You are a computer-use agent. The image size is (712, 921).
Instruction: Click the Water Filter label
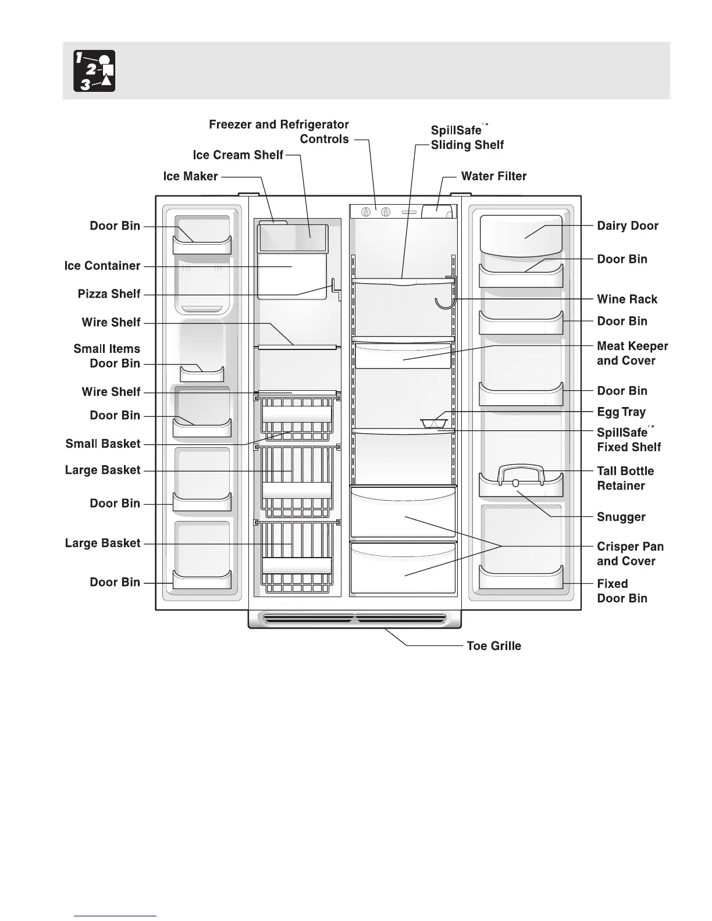[493, 176]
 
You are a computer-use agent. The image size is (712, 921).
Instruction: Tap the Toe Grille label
[494, 646]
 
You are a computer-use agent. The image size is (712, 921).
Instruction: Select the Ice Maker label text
[190, 176]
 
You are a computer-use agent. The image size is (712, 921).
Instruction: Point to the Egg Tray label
[621, 412]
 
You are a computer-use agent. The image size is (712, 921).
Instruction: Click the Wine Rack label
[627, 299]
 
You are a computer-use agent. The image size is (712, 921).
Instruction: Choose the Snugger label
[621, 517]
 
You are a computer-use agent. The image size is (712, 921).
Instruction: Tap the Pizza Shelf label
[109, 294]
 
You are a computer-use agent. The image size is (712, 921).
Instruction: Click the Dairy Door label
[628, 226]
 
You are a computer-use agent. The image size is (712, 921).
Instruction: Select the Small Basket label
[103, 444]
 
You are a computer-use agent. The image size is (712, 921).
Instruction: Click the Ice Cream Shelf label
[238, 155]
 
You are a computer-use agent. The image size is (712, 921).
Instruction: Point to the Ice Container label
[102, 266]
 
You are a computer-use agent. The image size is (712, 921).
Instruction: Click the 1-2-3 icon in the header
[94, 71]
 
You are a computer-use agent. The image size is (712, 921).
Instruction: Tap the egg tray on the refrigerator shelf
[432, 422]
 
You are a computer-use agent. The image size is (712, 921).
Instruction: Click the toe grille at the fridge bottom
[355, 619]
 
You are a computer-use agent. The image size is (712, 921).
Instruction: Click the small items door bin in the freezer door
[202, 373]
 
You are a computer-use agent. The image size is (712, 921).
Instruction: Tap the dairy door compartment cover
[521, 235]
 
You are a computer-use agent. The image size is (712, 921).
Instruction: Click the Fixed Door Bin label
[622, 591]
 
